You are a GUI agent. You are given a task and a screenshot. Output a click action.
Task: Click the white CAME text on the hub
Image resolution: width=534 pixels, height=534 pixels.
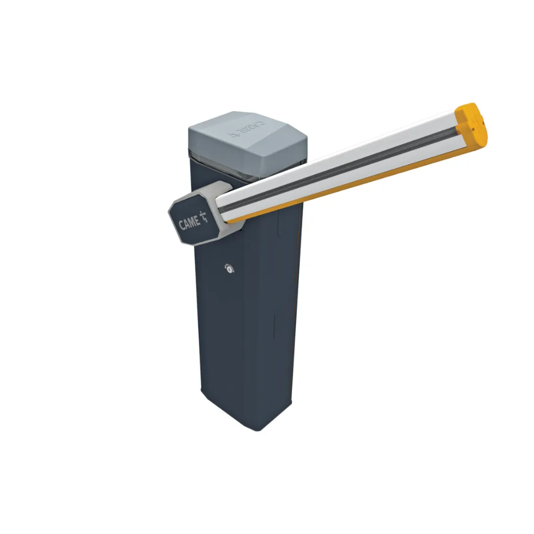pos(189,223)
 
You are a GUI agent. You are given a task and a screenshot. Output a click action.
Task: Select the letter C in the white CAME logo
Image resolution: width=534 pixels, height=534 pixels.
pos(181,226)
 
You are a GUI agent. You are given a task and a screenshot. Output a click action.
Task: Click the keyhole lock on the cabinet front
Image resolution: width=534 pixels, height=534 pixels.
pos(228,268)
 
